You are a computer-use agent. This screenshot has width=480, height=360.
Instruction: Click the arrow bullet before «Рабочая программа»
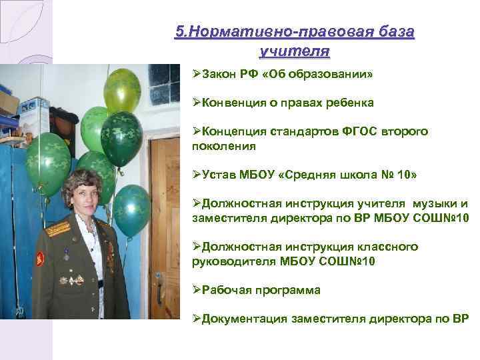[196, 290]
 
